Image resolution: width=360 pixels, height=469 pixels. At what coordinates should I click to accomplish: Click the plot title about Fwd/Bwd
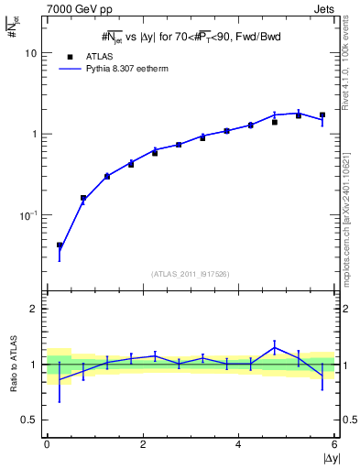[190, 38]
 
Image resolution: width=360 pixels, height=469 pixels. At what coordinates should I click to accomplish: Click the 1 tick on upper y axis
[33, 134]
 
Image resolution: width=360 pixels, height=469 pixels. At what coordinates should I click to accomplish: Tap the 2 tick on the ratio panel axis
[33, 309]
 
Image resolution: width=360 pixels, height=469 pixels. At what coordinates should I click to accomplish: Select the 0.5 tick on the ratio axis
[29, 420]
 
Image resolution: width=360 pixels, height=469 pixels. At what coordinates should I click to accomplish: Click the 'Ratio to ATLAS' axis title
[11, 364]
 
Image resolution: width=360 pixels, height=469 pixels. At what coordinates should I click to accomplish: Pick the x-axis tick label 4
[238, 444]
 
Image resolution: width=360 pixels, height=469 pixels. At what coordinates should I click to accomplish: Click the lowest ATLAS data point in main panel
[60, 245]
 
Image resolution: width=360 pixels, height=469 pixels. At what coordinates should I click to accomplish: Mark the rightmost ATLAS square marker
[322, 115]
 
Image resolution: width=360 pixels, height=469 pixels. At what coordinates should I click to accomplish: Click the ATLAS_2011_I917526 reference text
[191, 273]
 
